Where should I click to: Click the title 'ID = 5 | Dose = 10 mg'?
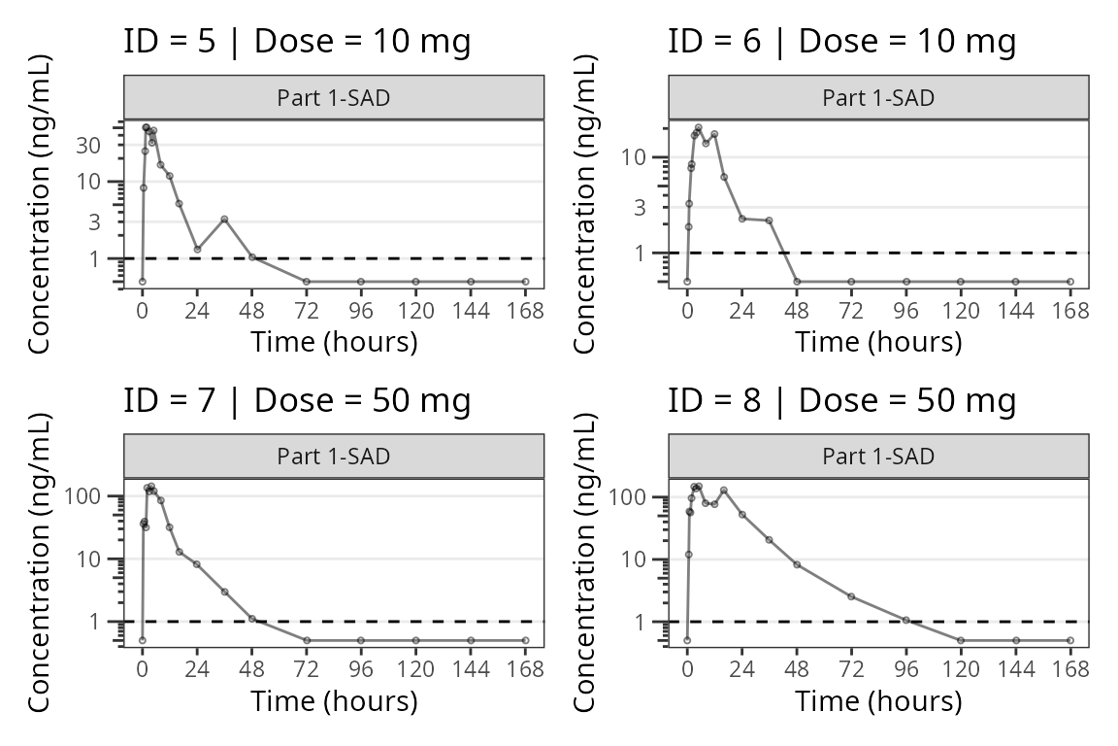point(297,42)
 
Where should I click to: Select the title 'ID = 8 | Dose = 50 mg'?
point(841,401)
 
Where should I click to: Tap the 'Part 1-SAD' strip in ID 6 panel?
point(878,97)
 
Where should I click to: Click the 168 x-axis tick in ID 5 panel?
point(526,311)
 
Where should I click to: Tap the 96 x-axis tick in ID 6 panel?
point(906,311)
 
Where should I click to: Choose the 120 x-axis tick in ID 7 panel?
point(416,670)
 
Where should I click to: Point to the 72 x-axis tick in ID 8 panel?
point(851,670)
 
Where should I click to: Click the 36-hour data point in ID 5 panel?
point(224,220)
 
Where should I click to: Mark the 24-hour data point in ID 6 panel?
point(741,219)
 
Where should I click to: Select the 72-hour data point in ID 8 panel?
point(851,596)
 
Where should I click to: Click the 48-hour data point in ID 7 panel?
point(251,619)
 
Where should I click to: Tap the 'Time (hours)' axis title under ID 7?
point(334,700)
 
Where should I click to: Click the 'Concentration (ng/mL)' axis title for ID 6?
point(585,203)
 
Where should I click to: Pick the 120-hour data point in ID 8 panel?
point(961,640)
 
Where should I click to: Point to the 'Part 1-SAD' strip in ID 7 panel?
point(334,457)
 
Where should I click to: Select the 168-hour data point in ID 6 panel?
point(1070,282)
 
